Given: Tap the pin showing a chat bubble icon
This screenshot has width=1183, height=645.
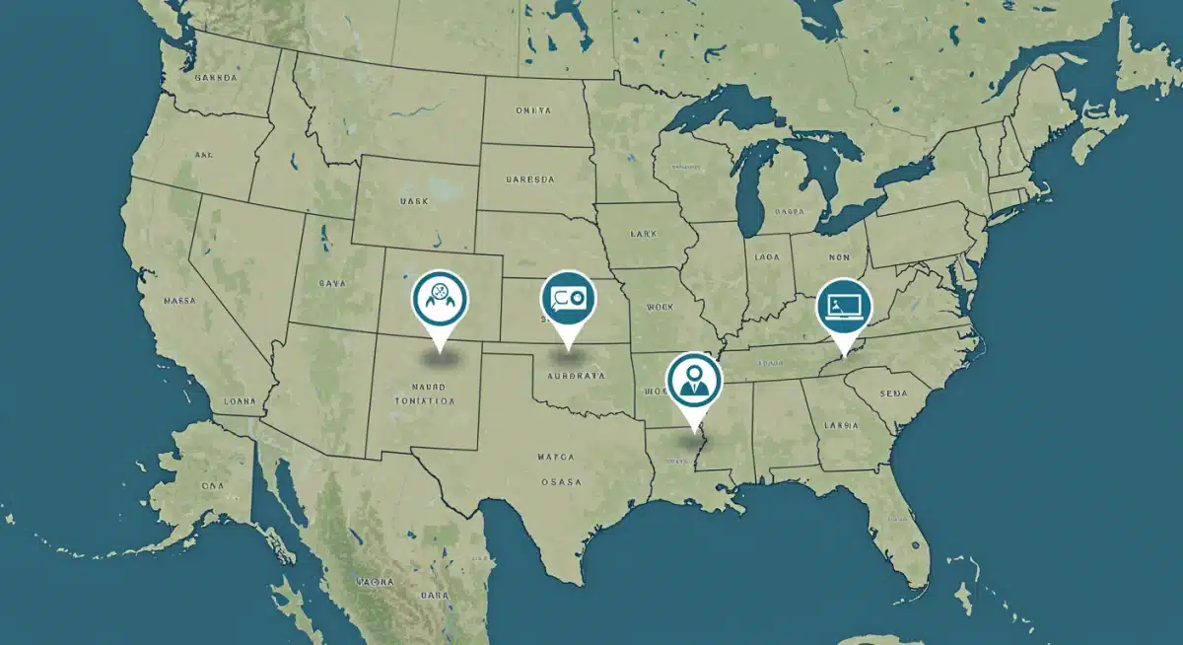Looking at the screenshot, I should coord(568,298).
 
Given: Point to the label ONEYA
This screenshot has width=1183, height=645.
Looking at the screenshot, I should coord(533,111).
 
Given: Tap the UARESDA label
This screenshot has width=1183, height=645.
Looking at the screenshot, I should coord(530,180).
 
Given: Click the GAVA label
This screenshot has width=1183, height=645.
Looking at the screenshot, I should coord(333,283).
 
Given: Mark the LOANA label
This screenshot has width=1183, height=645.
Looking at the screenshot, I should coord(241,401).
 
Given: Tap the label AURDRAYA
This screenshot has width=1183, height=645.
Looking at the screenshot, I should coord(576,376).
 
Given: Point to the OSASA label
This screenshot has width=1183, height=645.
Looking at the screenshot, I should coord(561,481).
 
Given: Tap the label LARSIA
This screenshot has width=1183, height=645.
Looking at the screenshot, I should coord(843,426).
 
